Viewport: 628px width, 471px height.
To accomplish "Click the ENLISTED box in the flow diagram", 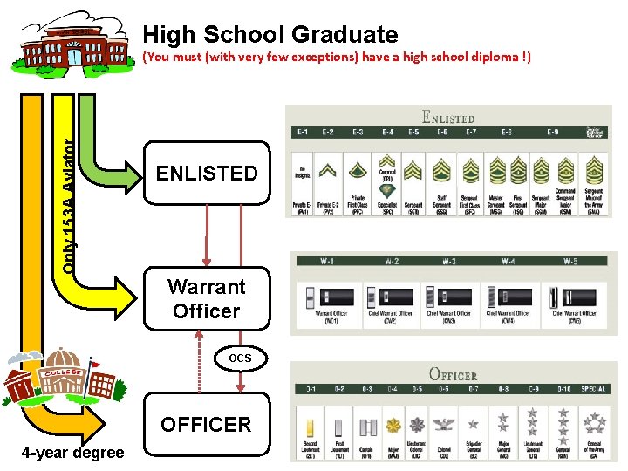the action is point(207,173).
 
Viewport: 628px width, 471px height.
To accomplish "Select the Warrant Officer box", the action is point(207,298).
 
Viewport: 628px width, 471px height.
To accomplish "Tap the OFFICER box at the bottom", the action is point(207,425).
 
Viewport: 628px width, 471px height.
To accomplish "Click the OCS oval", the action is point(240,358).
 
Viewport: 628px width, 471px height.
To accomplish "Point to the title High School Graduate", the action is point(270,35).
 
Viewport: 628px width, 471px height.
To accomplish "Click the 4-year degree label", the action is point(73,454).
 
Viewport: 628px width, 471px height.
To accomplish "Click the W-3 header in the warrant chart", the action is point(448,262).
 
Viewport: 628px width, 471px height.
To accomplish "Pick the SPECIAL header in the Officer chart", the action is point(597,389).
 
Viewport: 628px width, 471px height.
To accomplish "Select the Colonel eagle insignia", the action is point(446,426).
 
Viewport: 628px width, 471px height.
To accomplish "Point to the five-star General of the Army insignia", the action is point(596,423).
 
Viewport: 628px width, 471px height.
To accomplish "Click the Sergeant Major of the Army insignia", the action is point(595,168).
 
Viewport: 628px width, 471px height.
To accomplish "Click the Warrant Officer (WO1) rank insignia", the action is point(318,296).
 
